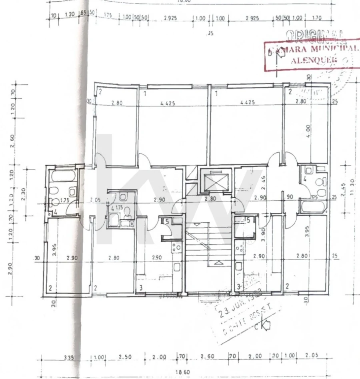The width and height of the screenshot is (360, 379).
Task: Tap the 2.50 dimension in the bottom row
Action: click(123, 356)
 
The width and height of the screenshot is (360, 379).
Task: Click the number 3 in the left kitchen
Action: click(141, 287)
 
